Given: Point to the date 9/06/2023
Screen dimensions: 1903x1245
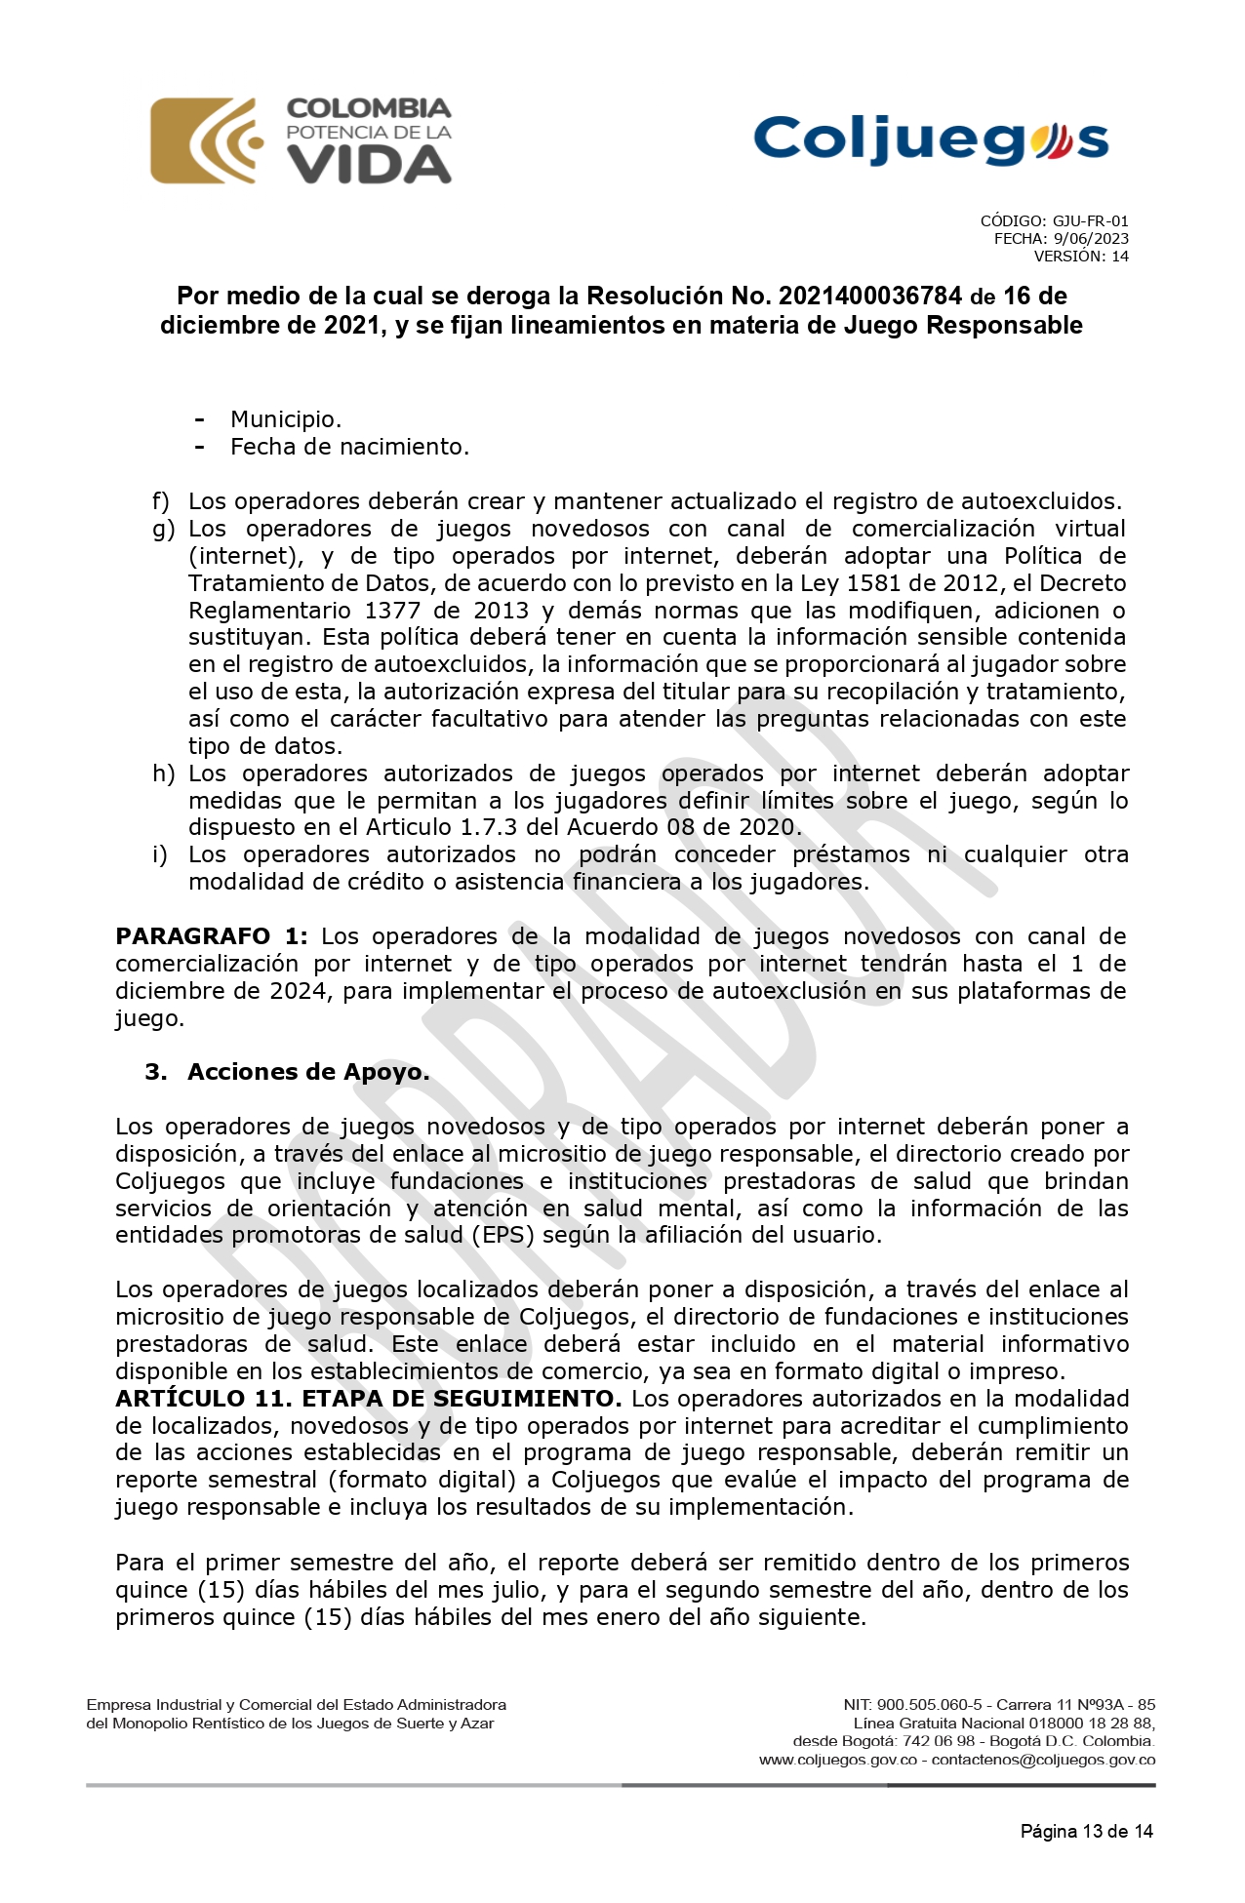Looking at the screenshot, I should coord(1091,239).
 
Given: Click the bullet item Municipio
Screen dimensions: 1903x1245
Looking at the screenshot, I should coord(286,419).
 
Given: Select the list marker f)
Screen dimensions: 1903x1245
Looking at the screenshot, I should coord(161,501).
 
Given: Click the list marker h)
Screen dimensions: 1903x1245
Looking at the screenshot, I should coord(163,773).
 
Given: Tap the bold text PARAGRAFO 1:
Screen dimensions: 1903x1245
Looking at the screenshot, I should coord(211,936).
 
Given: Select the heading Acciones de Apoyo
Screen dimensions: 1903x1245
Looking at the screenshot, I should coord(308,1072).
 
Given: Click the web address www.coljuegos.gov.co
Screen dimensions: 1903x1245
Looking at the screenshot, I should coord(838,1760).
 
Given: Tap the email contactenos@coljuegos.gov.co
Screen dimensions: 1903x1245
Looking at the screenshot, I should coord(1043,1760).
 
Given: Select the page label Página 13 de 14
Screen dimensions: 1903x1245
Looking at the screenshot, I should coord(1086,1831).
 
